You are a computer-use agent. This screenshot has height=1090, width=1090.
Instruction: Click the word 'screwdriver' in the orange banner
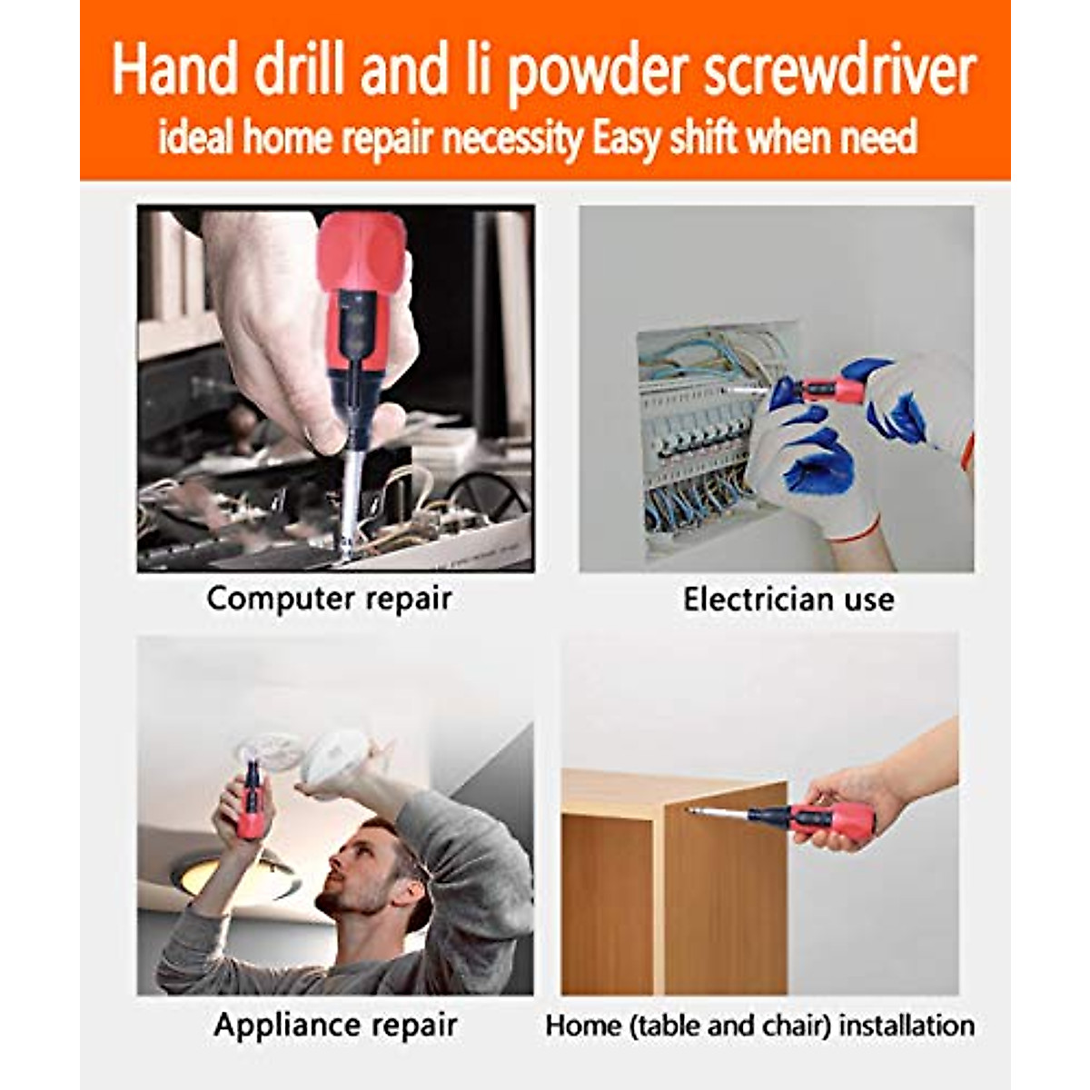click(840, 73)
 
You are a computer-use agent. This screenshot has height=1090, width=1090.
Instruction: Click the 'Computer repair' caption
click(329, 599)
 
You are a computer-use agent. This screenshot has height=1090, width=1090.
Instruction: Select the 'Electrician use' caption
click(788, 599)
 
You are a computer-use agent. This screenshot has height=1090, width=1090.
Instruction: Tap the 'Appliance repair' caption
click(335, 1026)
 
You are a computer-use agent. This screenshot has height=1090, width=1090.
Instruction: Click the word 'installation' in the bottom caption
click(907, 1026)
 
